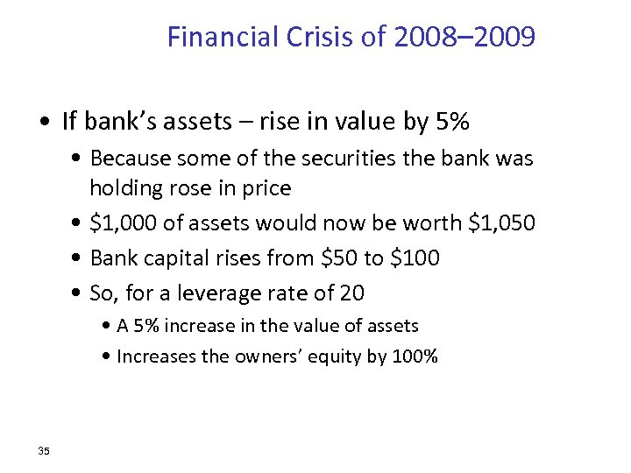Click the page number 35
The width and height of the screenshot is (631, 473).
(44, 450)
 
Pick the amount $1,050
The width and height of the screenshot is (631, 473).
(502, 223)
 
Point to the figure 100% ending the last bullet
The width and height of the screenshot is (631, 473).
(415, 357)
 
